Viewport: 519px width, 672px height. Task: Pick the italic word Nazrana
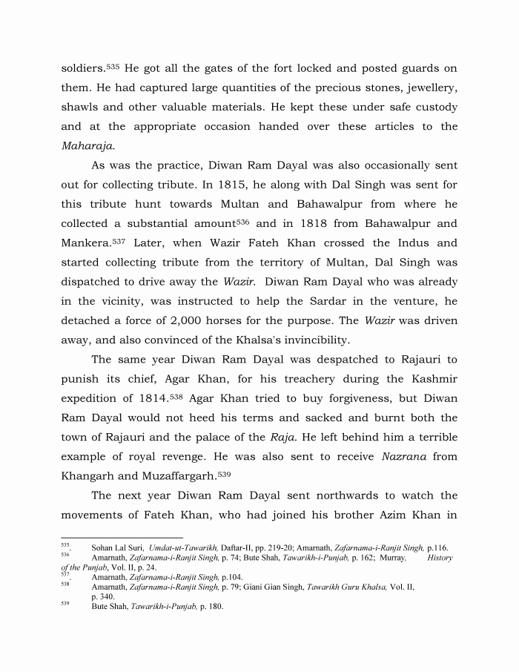click(x=405, y=437)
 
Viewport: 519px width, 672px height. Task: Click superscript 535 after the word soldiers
click(x=113, y=66)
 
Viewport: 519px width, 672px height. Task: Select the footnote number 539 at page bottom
click(x=65, y=604)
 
